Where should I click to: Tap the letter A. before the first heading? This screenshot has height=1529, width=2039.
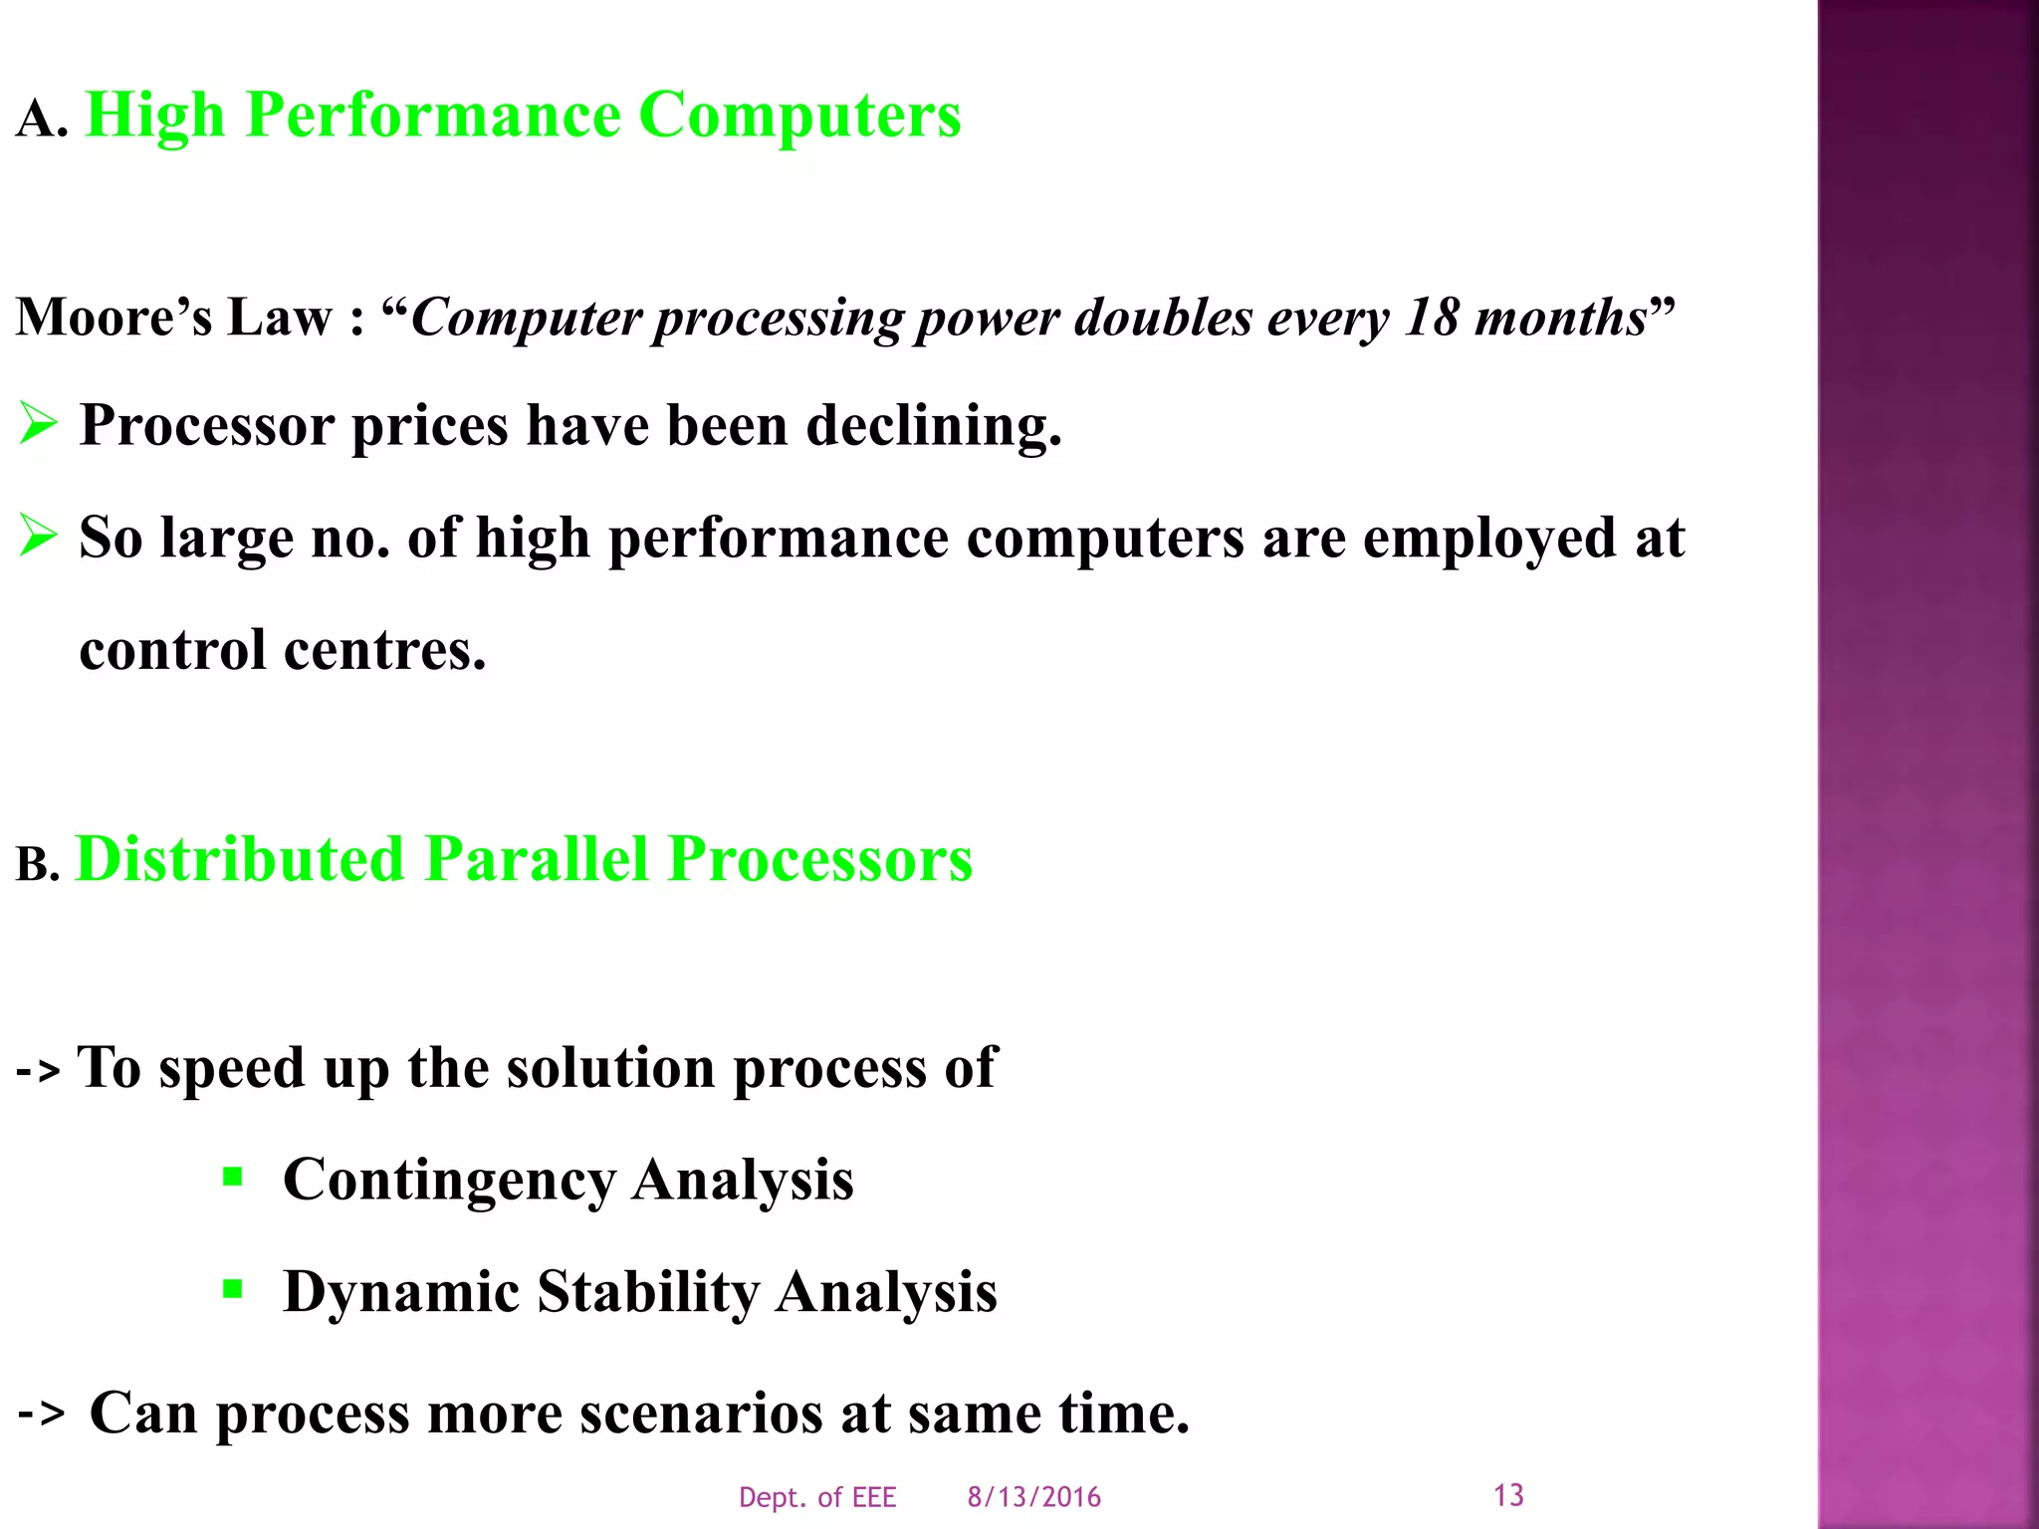pyautogui.click(x=42, y=120)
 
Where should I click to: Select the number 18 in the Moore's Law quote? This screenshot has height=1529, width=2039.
pyautogui.click(x=1431, y=319)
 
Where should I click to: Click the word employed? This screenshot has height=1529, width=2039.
pyautogui.click(x=1489, y=538)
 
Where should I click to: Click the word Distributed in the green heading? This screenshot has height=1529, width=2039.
pyautogui.click(x=240, y=859)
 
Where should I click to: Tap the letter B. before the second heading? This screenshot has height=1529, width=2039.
pyautogui.click(x=38, y=865)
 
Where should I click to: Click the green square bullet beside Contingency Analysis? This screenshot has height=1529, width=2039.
pyautogui.click(x=233, y=1179)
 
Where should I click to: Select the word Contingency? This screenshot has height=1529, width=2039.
pyautogui.click(x=449, y=1181)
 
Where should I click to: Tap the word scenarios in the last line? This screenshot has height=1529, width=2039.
pyautogui.click(x=701, y=1413)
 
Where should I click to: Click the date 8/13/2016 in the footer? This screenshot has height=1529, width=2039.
pyautogui.click(x=1033, y=1497)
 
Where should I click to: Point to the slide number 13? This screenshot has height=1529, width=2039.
pyautogui.click(x=1508, y=1494)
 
